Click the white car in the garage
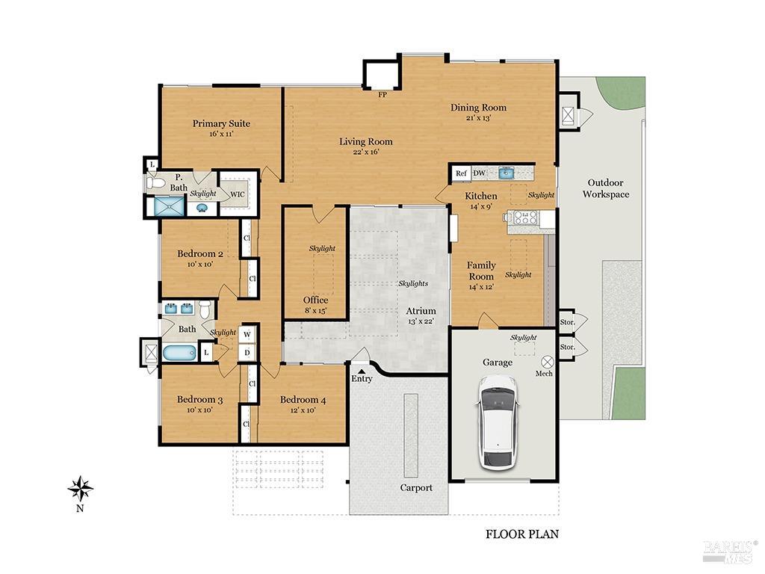click(x=498, y=422)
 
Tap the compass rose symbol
click(x=80, y=490)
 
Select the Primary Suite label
click(x=221, y=123)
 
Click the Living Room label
click(x=365, y=141)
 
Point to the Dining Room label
click(x=478, y=108)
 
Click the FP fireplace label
click(x=382, y=95)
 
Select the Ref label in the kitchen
click(x=461, y=173)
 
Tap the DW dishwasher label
click(x=479, y=173)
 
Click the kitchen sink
click(x=507, y=173)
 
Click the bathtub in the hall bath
click(x=180, y=353)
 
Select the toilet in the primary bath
click(x=156, y=182)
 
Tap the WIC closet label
click(x=237, y=194)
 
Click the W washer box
click(x=247, y=334)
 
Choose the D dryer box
click(x=247, y=353)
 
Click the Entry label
click(x=362, y=378)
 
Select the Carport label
click(x=416, y=488)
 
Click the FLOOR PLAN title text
click(x=522, y=534)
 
